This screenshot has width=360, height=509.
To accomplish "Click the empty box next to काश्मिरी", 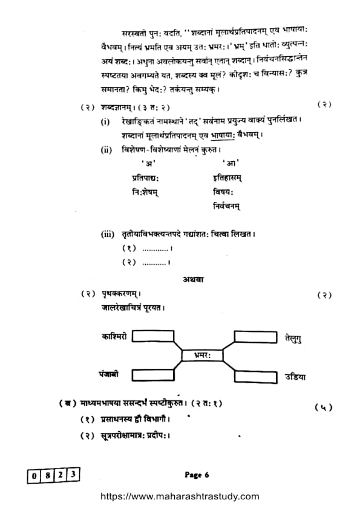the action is pos(152,336).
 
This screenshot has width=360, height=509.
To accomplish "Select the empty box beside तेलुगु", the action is pos(255,336).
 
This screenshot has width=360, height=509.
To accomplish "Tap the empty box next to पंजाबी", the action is pos(152,375).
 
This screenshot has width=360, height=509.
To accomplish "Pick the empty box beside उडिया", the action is pos(255,375).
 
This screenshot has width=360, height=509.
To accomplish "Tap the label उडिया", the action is pos(295,377).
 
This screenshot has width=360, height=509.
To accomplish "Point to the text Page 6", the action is pos(197,475).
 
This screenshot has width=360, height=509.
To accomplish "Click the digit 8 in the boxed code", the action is pos(47,475).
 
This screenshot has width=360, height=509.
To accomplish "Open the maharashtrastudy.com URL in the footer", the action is pos(179,497).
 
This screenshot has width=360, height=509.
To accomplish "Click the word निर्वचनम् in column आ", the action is pos(227,206).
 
